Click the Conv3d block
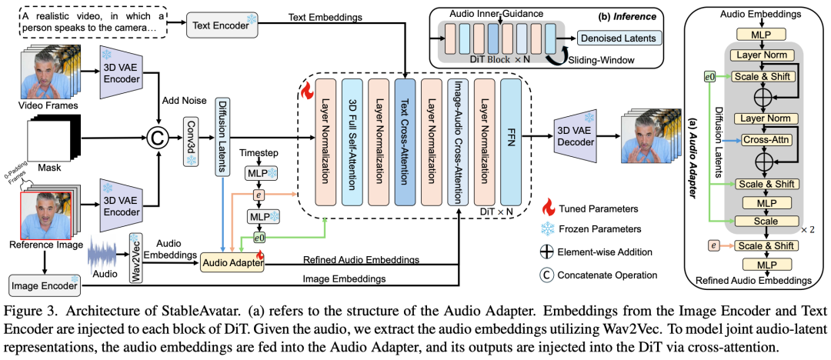(x=189, y=141)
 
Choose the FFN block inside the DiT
(x=511, y=140)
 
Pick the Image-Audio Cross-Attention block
(x=459, y=140)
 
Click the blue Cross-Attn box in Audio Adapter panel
(x=760, y=140)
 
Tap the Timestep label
(x=259, y=153)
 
